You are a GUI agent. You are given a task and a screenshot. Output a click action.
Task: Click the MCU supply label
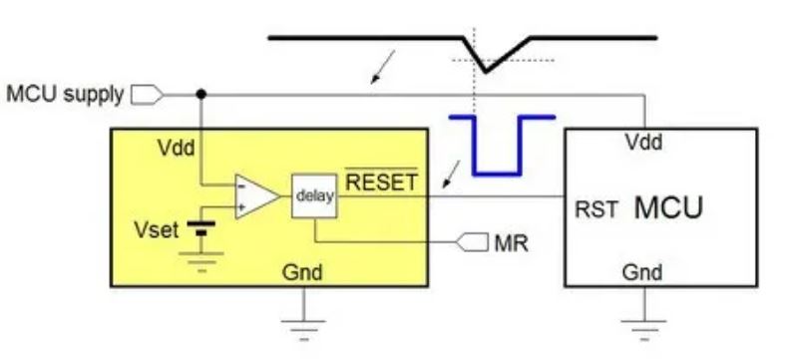[65, 95]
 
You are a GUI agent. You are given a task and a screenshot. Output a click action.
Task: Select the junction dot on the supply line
[202, 95]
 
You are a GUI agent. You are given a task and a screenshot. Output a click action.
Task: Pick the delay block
[315, 196]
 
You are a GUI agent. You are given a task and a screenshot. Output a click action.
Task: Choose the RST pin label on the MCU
[596, 210]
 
